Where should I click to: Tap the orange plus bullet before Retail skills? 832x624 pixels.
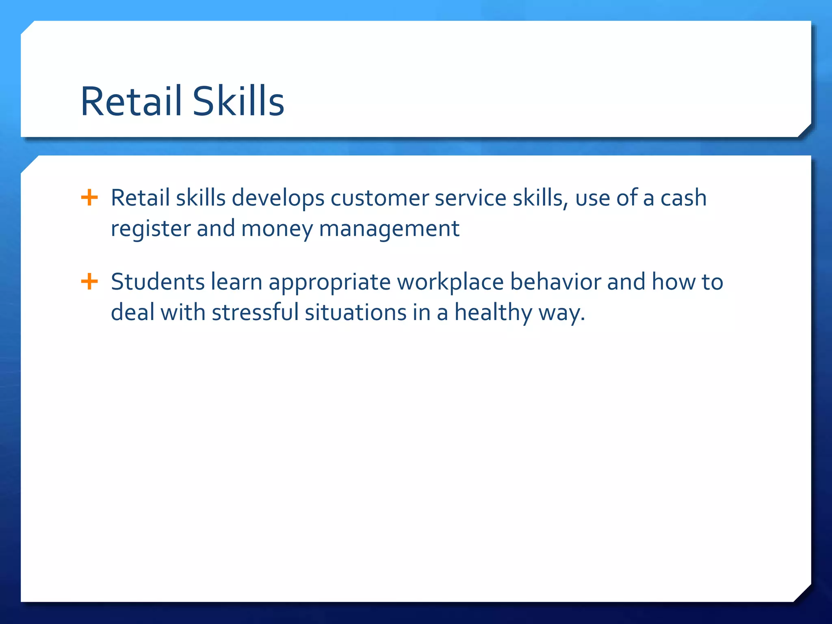(x=89, y=198)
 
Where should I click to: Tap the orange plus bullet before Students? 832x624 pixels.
(x=89, y=282)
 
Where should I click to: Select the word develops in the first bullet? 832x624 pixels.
(x=278, y=199)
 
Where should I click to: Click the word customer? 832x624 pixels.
(x=379, y=199)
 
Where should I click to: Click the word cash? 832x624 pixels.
(x=683, y=199)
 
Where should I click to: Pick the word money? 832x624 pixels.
(x=277, y=229)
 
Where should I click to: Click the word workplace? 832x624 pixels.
(x=450, y=282)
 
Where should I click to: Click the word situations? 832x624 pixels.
(x=355, y=313)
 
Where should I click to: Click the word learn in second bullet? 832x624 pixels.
(x=236, y=282)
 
